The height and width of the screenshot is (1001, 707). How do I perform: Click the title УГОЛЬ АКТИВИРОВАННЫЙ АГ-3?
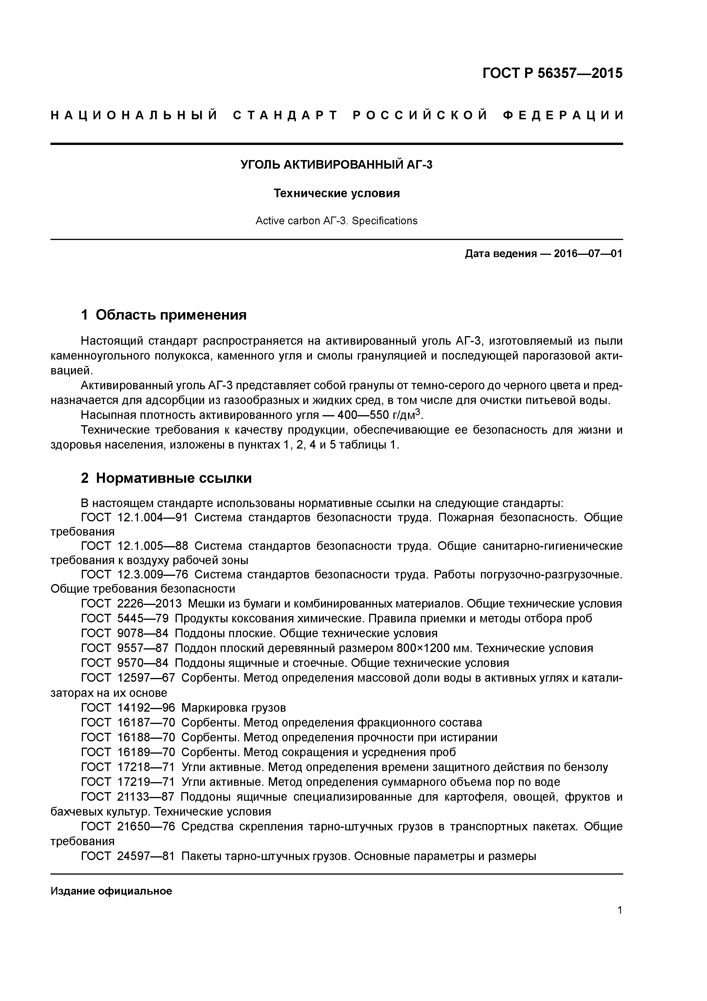[336, 165]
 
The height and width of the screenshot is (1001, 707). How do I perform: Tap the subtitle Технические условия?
[336, 193]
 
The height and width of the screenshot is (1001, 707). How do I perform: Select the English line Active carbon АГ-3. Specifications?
[336, 221]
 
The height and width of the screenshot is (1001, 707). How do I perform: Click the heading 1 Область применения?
[164, 315]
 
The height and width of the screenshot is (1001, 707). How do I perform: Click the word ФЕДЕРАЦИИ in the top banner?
[564, 116]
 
